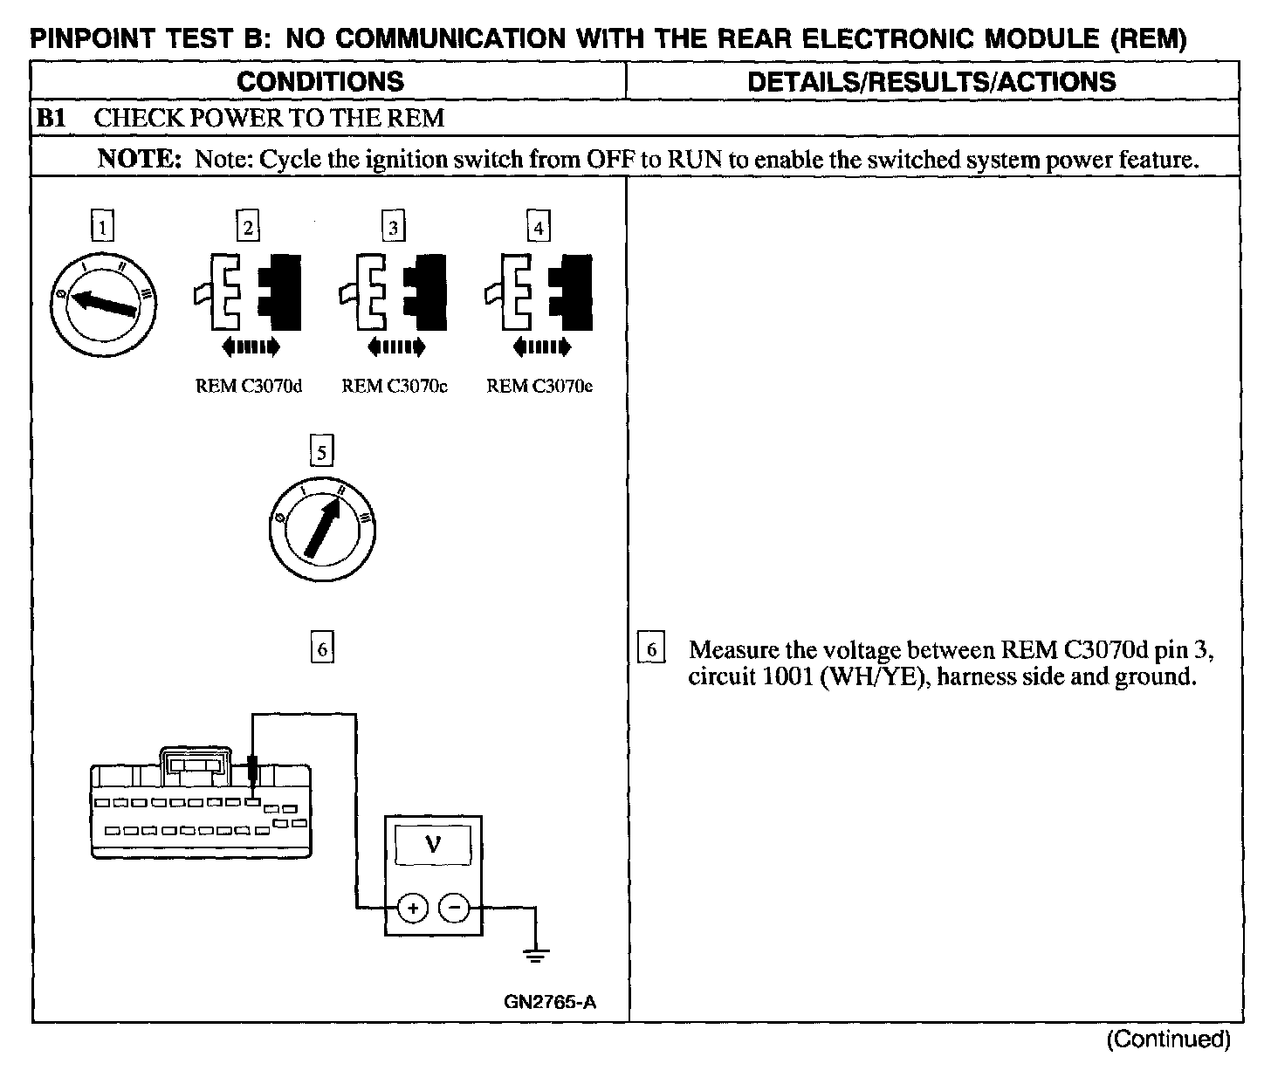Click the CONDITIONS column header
click(x=320, y=81)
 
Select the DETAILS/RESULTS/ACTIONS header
click(x=931, y=81)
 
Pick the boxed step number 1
click(x=103, y=228)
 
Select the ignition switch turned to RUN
click(x=322, y=527)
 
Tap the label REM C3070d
click(x=249, y=386)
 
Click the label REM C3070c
click(x=395, y=386)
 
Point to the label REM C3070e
click(x=539, y=386)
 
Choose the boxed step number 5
click(x=322, y=452)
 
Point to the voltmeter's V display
click(x=433, y=844)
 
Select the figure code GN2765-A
click(x=550, y=1002)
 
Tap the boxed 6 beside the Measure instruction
click(x=651, y=649)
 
